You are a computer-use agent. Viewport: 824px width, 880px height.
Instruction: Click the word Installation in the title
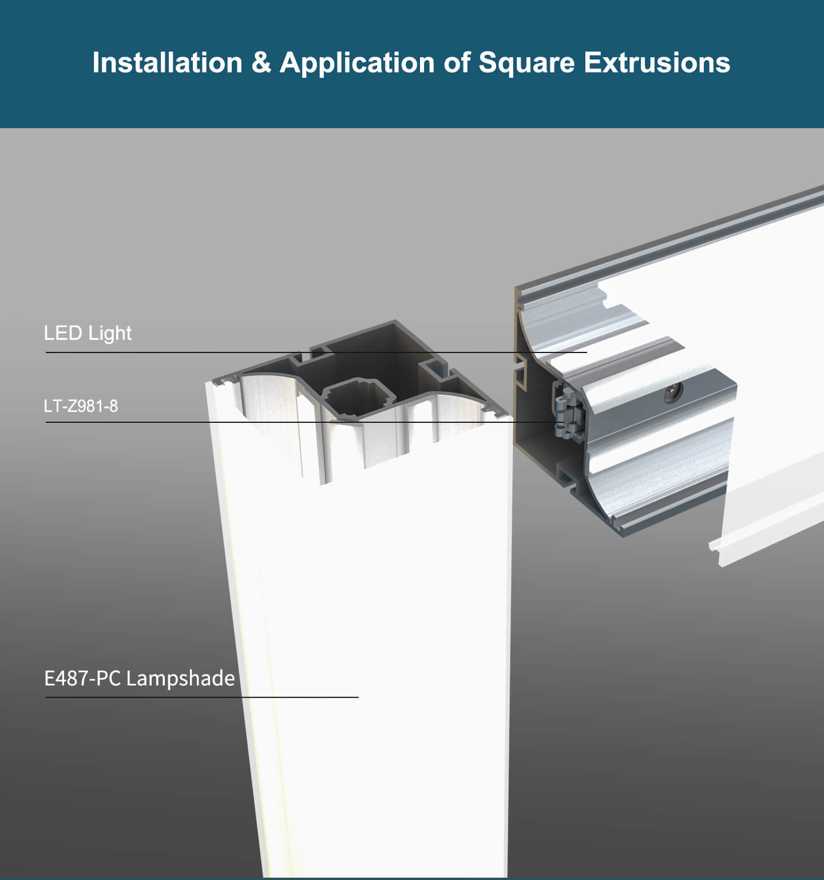click(x=167, y=62)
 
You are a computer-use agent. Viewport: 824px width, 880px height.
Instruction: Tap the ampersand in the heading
click(x=261, y=63)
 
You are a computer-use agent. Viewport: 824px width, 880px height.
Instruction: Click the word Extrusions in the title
click(x=657, y=62)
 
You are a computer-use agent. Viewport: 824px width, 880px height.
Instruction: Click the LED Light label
click(x=88, y=333)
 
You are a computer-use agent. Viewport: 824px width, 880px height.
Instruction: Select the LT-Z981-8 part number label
click(x=81, y=406)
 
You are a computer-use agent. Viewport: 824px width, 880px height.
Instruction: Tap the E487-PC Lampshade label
click(x=140, y=678)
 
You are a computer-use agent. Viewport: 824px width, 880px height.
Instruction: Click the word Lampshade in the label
click(x=180, y=678)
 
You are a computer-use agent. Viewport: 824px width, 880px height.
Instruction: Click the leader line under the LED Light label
click(x=316, y=352)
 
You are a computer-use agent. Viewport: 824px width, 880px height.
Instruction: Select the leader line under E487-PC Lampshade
click(x=202, y=697)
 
